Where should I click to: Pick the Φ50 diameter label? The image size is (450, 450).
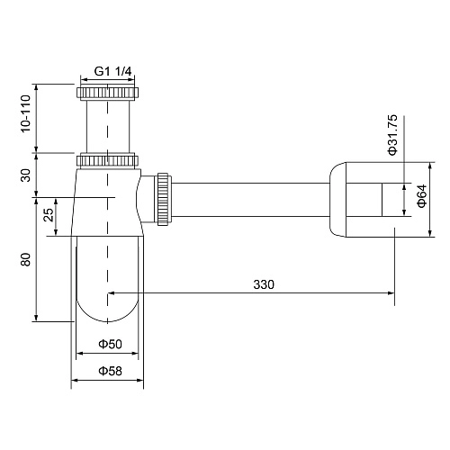[x=108, y=344]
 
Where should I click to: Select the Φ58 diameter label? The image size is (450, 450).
[x=108, y=370]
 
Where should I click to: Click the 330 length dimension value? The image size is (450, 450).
[x=263, y=284]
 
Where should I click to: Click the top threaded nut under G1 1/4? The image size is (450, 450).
[x=107, y=93]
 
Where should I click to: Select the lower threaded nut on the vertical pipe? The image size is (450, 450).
[x=107, y=161]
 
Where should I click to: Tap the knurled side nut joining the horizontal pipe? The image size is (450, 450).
[x=163, y=197]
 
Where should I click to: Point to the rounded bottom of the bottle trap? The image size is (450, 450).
[x=107, y=310]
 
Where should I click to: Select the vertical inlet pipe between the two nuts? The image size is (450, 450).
[x=107, y=126]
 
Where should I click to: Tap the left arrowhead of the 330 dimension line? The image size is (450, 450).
[x=112, y=292]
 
